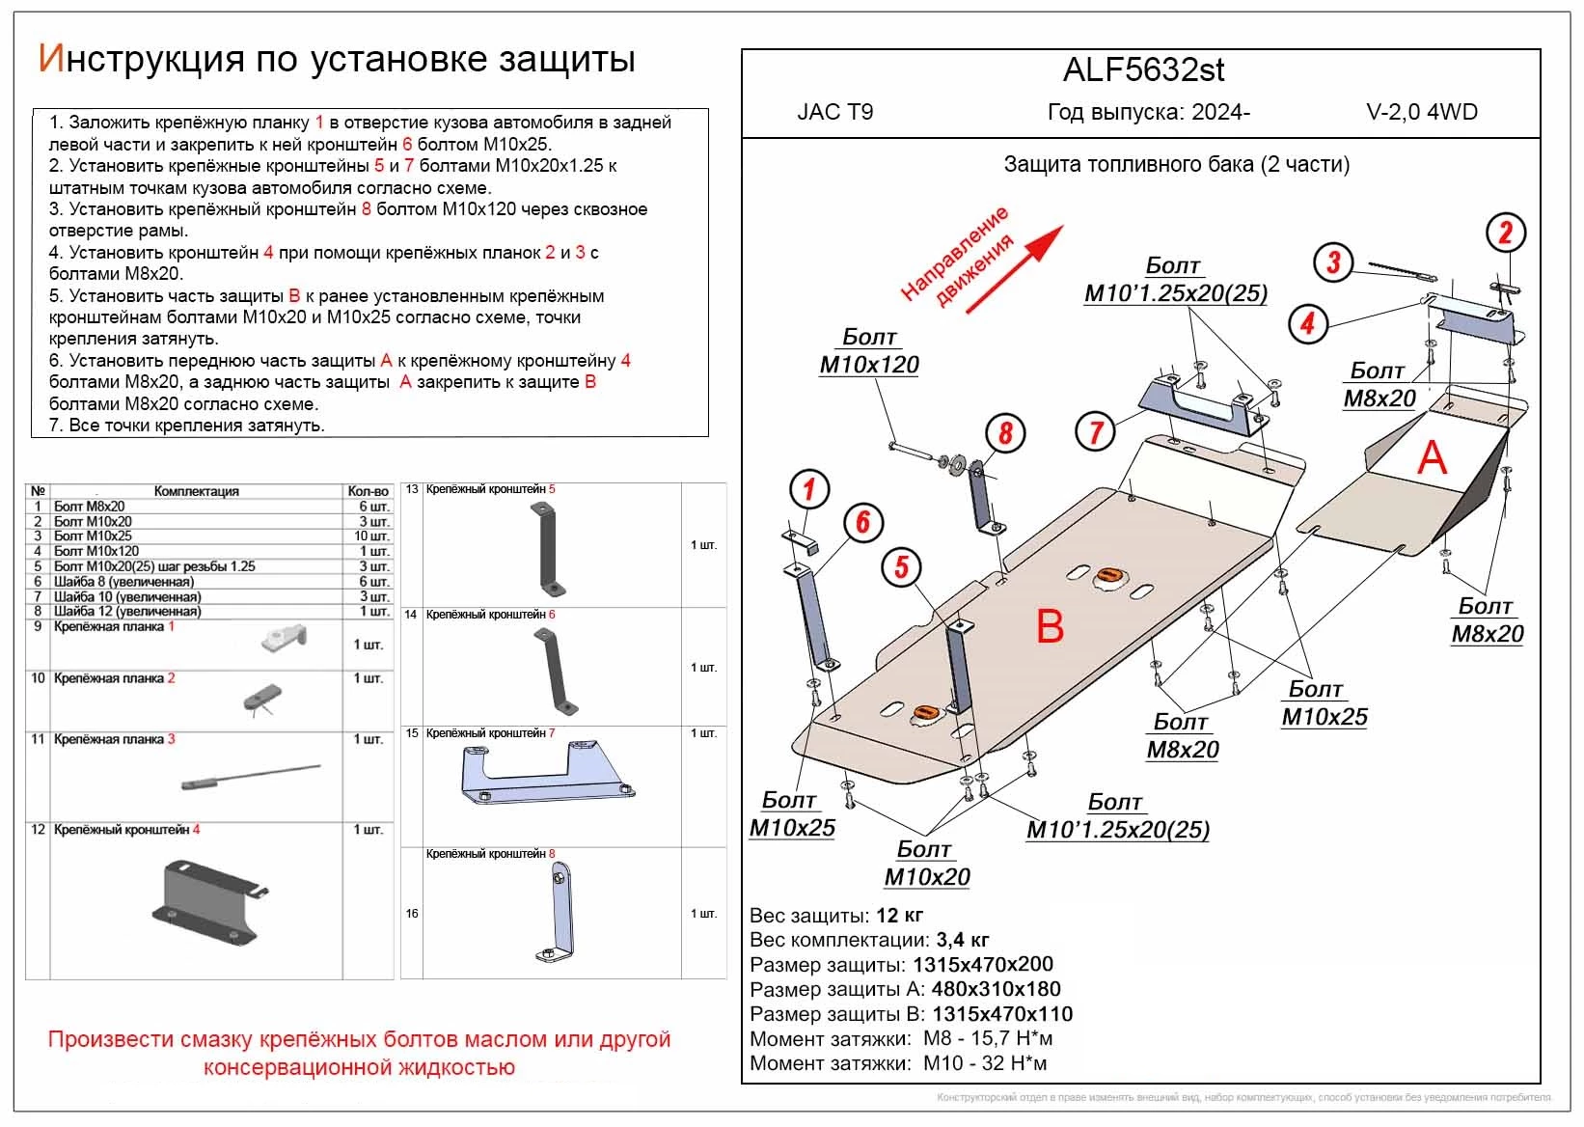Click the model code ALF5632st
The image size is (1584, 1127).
tap(1144, 69)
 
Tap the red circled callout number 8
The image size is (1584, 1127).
tap(1005, 433)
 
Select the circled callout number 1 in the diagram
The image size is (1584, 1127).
tap(808, 489)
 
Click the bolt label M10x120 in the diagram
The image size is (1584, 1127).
tap(869, 365)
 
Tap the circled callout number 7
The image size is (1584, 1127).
tap(1095, 430)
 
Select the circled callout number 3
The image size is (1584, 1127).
tap(1333, 261)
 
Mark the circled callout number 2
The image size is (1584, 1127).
tap(1505, 233)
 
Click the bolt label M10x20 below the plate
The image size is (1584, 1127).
tap(927, 876)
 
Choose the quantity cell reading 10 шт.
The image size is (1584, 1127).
tap(369, 536)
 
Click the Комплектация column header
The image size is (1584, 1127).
tap(196, 491)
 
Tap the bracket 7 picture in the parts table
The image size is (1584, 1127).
tap(545, 774)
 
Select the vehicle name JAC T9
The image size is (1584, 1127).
tap(834, 112)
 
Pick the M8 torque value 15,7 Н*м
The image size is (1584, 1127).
tap(988, 1038)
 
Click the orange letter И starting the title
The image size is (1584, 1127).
tap(50, 59)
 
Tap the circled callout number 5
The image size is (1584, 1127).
tap(900, 566)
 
